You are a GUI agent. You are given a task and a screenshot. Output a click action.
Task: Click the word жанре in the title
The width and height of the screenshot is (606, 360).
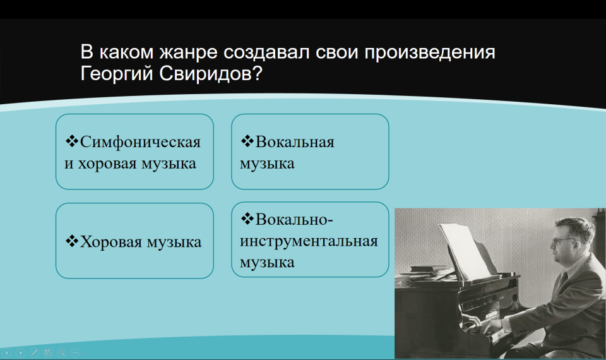coord(189,52)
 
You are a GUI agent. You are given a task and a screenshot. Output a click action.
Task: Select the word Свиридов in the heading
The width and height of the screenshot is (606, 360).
coord(211,73)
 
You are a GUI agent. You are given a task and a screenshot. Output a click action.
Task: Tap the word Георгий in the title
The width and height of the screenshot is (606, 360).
coord(117,74)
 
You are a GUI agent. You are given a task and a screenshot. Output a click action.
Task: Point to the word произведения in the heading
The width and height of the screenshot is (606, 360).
coord(430,52)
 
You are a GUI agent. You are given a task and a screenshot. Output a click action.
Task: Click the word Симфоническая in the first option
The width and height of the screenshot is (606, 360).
coord(140,142)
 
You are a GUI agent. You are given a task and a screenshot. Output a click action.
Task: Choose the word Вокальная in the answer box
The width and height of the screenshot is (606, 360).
coord(295,142)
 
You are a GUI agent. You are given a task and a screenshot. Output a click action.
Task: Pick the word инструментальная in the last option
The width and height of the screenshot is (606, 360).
coord(309,241)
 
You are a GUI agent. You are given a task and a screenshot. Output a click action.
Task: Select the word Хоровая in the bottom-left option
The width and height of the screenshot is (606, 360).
coord(111,242)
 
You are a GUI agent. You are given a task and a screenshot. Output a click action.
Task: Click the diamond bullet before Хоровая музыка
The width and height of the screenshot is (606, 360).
coord(72,241)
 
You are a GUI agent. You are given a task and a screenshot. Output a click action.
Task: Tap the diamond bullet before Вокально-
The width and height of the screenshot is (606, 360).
coord(247,219)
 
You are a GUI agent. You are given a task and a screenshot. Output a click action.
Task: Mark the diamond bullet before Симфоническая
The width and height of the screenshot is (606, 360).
coord(72,141)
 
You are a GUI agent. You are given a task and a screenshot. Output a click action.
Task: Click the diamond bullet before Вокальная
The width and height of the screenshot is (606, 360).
coord(247,141)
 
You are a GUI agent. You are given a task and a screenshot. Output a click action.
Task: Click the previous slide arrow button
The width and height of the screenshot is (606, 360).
coord(7,352)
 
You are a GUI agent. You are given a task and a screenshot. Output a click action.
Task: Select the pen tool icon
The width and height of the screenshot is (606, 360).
coord(34,352)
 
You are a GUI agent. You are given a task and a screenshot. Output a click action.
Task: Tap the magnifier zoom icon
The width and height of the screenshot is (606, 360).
coord(61,352)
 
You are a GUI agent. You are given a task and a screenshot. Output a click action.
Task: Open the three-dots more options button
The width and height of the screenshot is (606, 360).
coord(75,352)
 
